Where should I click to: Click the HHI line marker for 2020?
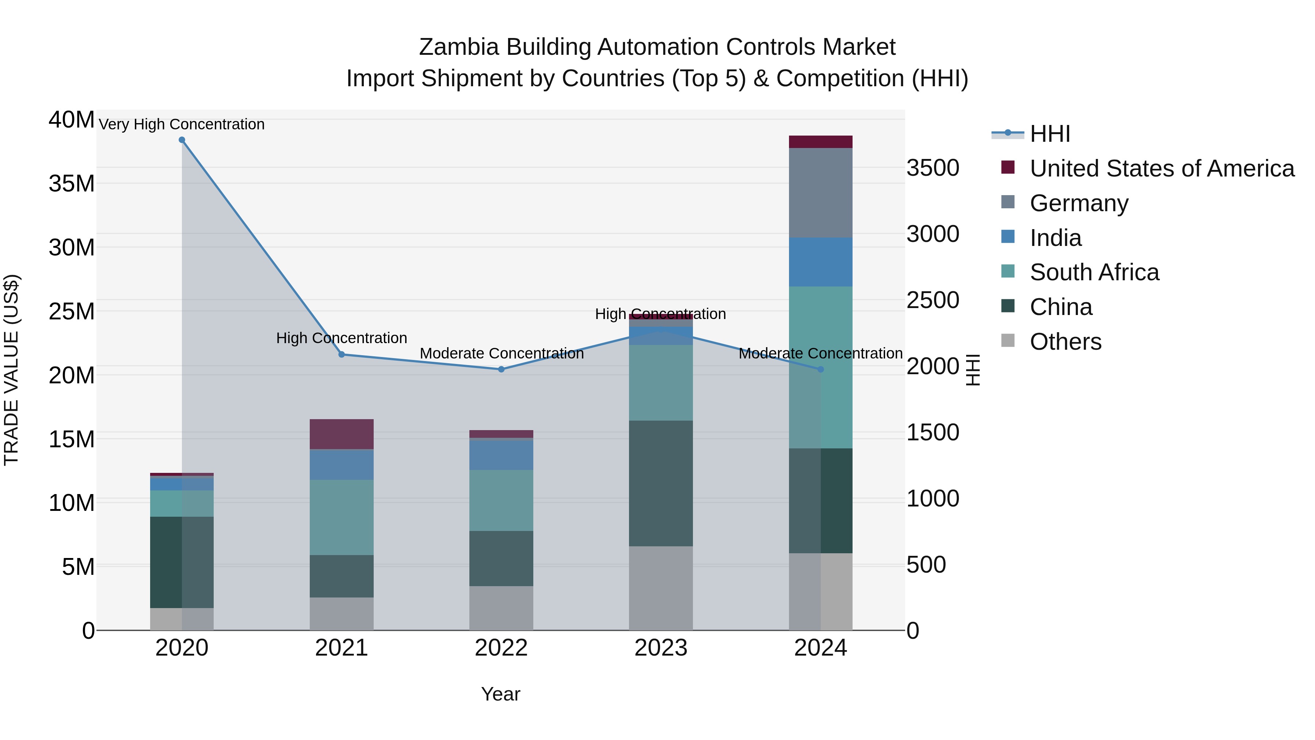[x=182, y=140]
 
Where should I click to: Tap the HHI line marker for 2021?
[x=342, y=354]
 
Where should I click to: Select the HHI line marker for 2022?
[x=501, y=369]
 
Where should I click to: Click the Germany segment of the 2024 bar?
[x=820, y=193]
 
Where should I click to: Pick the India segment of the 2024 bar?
[x=820, y=262]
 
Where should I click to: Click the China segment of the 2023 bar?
[x=660, y=483]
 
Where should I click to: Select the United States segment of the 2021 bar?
[x=342, y=434]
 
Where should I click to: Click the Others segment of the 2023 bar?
[x=660, y=588]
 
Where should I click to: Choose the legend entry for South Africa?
[x=1094, y=272]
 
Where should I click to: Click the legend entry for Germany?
[x=1079, y=203]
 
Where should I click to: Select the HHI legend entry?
[x=1049, y=134]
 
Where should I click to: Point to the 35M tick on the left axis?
[x=72, y=184]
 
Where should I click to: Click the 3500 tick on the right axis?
[x=933, y=168]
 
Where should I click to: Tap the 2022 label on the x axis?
[x=501, y=648]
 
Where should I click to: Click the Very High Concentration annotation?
[x=182, y=124]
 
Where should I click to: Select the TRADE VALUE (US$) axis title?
[x=12, y=370]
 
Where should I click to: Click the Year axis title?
[x=500, y=694]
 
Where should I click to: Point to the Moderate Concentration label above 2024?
[x=820, y=353]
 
